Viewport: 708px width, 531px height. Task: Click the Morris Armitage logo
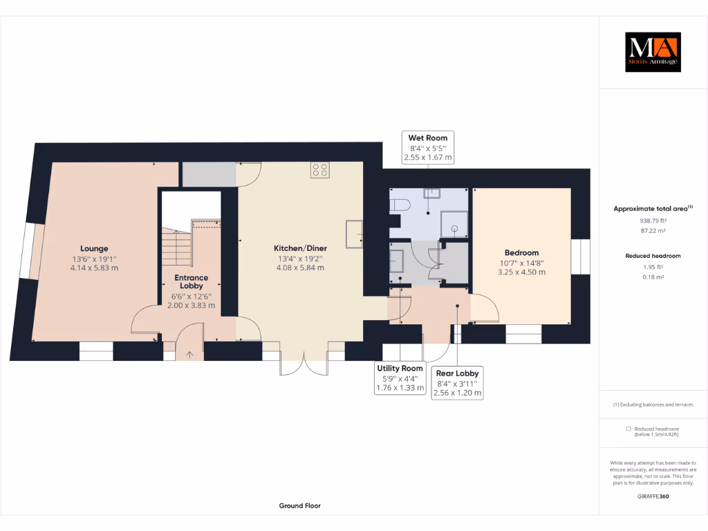[x=653, y=52]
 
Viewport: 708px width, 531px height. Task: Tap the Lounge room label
[x=94, y=248]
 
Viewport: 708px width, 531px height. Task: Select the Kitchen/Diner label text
[x=300, y=248]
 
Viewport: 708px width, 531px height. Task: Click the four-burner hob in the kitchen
[x=320, y=169]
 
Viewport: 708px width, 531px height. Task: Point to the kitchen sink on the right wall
[x=354, y=233]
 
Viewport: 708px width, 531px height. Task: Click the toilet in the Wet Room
[x=400, y=205]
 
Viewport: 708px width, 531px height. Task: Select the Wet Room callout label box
[x=427, y=147]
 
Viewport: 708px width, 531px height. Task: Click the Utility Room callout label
[x=399, y=378]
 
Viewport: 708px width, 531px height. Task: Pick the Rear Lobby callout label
[x=457, y=382]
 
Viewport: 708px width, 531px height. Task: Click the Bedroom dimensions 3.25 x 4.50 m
[x=521, y=272]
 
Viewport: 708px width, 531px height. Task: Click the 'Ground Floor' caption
[x=299, y=505]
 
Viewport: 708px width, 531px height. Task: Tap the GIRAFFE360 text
[x=653, y=496]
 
